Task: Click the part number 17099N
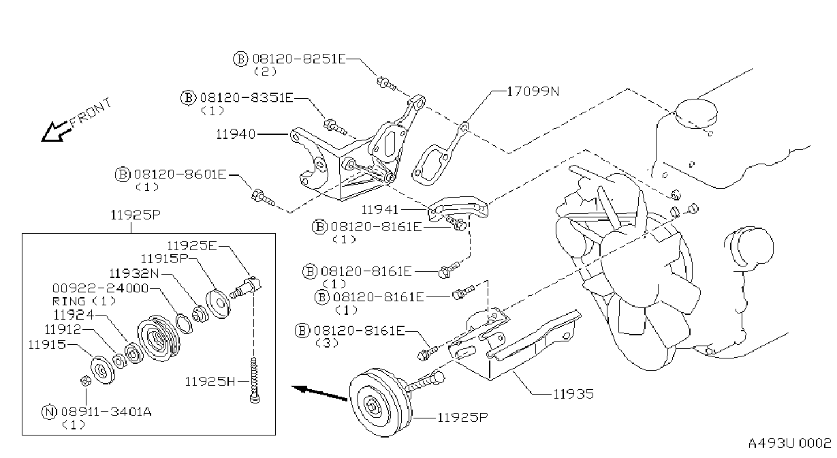(533, 91)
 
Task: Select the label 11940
(236, 134)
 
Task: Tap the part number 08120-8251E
(299, 59)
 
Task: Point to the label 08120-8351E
(247, 98)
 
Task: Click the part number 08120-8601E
(180, 174)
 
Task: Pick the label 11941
(379, 210)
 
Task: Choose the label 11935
(573, 394)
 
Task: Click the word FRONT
(91, 113)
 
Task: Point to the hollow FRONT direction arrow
(57, 132)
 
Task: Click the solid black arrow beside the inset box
(319, 394)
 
